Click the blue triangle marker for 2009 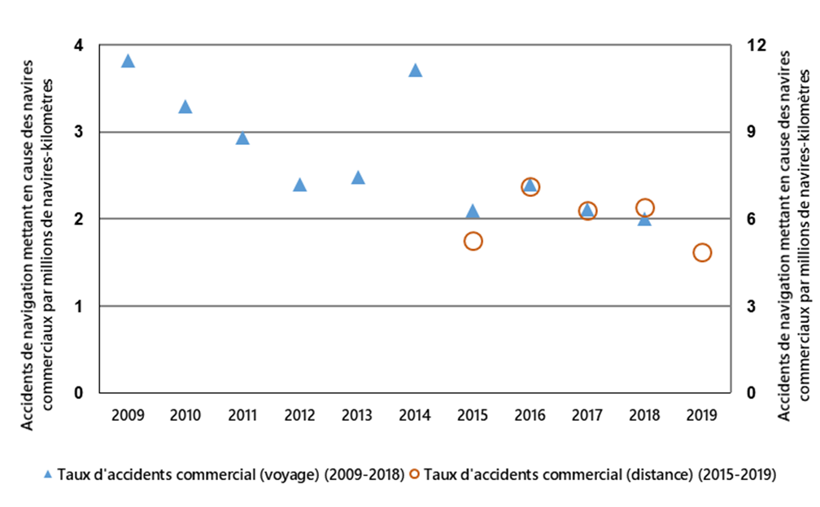(x=128, y=61)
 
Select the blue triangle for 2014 (x=415, y=70)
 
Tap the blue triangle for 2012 (x=299, y=185)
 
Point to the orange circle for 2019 (x=702, y=252)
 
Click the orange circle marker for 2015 (x=473, y=241)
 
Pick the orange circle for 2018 (x=645, y=208)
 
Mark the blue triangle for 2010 (x=185, y=107)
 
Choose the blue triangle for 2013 (x=358, y=177)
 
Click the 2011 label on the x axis (x=242, y=415)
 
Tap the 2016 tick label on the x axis (x=530, y=415)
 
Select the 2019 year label (x=702, y=415)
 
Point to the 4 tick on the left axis (x=79, y=46)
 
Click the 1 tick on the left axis (x=79, y=306)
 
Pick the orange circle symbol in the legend (x=415, y=474)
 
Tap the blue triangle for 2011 (x=242, y=138)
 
